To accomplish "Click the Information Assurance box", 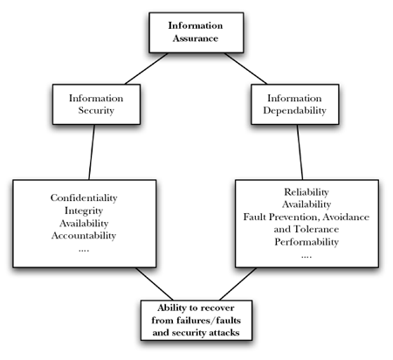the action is [196, 32].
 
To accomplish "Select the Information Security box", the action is [96, 104].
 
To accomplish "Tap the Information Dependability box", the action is [295, 104].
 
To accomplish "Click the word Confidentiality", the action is [84, 197].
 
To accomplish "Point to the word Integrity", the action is [84, 211].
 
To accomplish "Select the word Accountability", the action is [84, 235].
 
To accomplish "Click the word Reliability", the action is [307, 192].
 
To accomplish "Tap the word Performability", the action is [307, 242].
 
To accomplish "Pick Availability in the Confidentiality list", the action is [84, 223].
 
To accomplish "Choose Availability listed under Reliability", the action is [307, 204].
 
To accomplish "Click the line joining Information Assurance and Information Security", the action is [147, 69].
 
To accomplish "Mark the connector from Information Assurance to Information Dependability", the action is [245, 69].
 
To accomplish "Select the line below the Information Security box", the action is [92, 152].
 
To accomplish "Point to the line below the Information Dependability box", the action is [300, 152].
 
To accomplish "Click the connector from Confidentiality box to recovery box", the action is [155, 284].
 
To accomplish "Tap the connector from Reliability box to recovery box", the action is [238, 284].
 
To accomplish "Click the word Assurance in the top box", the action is [196, 38].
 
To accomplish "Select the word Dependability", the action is [294, 111].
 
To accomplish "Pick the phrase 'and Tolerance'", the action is [307, 229].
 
